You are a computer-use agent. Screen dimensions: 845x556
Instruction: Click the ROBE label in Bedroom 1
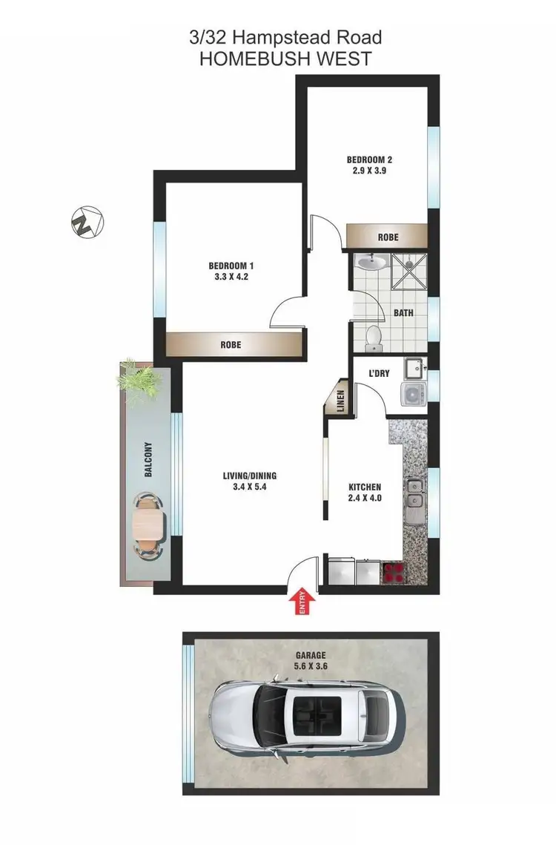231,345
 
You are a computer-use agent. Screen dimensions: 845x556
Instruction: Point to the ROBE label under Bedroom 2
388,237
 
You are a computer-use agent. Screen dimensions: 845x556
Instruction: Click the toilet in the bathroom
374,337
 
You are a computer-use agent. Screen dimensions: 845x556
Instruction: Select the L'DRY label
380,373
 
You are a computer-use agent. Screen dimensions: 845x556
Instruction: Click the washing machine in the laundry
412,393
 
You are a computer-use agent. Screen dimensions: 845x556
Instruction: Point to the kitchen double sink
414,495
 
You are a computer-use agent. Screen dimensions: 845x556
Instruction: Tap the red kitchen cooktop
392,572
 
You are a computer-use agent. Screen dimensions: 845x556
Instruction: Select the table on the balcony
148,527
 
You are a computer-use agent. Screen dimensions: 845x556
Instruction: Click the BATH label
403,313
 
